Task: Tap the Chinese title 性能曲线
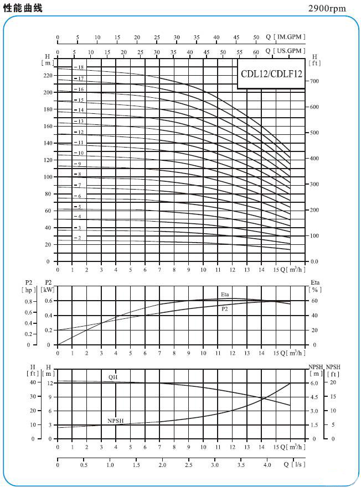[23, 8]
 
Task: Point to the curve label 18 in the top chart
[80, 67]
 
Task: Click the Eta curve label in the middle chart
[225, 294]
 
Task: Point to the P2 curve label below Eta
[225, 308]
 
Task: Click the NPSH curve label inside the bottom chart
[115, 421]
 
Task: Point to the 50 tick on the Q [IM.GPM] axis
[256, 37]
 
